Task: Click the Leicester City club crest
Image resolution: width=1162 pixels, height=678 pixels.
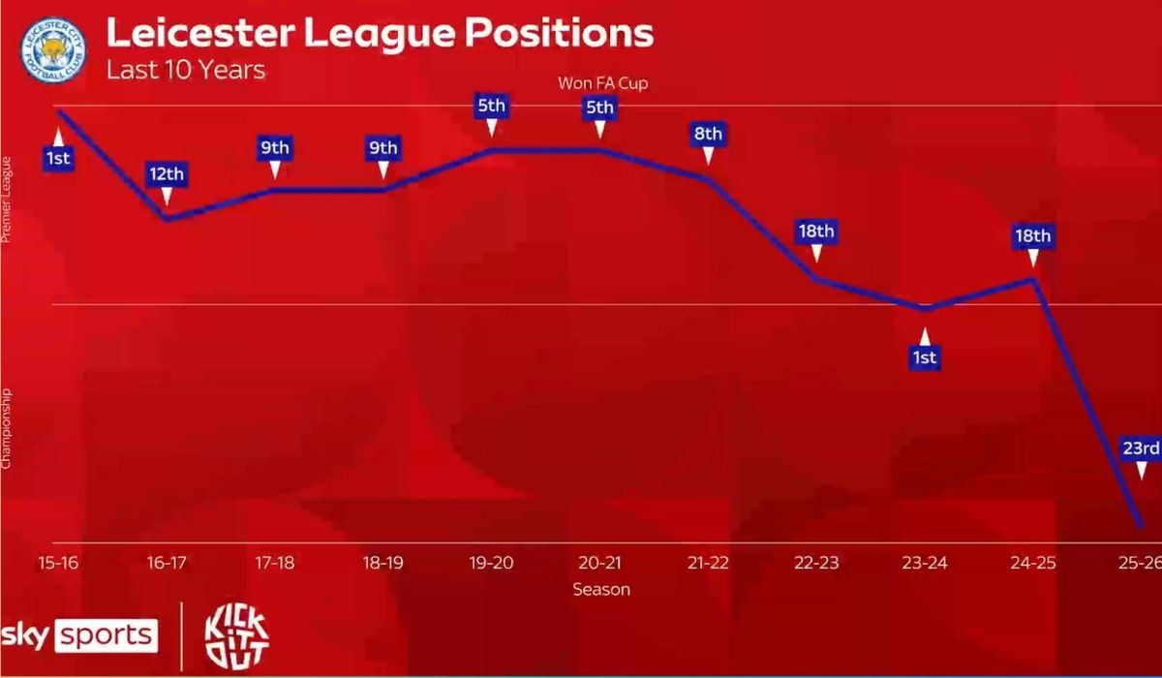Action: (53, 49)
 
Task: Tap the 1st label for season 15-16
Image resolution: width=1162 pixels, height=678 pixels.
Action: (59, 157)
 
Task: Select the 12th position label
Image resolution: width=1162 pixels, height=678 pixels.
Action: (167, 175)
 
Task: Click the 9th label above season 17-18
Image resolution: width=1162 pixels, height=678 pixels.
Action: (275, 148)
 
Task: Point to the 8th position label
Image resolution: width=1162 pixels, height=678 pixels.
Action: (707, 134)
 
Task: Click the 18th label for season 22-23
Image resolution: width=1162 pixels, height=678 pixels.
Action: (815, 231)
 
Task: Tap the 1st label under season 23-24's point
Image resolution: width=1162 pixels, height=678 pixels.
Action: (925, 358)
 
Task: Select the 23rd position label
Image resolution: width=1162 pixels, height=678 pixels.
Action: (1141, 447)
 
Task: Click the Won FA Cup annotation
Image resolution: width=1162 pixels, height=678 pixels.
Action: (602, 83)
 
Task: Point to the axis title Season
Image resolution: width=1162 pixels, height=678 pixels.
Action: (600, 589)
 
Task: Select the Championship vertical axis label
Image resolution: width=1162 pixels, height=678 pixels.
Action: (8, 428)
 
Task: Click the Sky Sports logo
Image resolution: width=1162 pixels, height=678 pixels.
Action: (78, 635)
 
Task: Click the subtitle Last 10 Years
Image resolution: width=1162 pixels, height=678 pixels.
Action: (185, 71)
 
